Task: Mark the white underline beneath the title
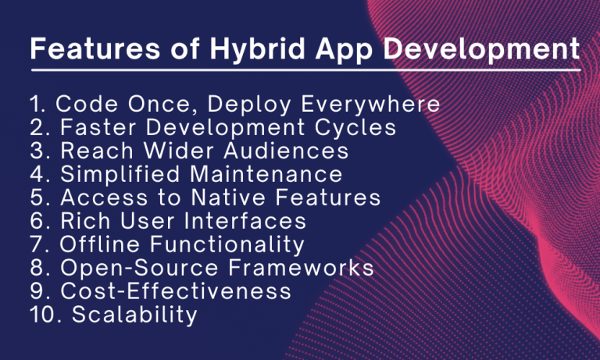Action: (x=305, y=70)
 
